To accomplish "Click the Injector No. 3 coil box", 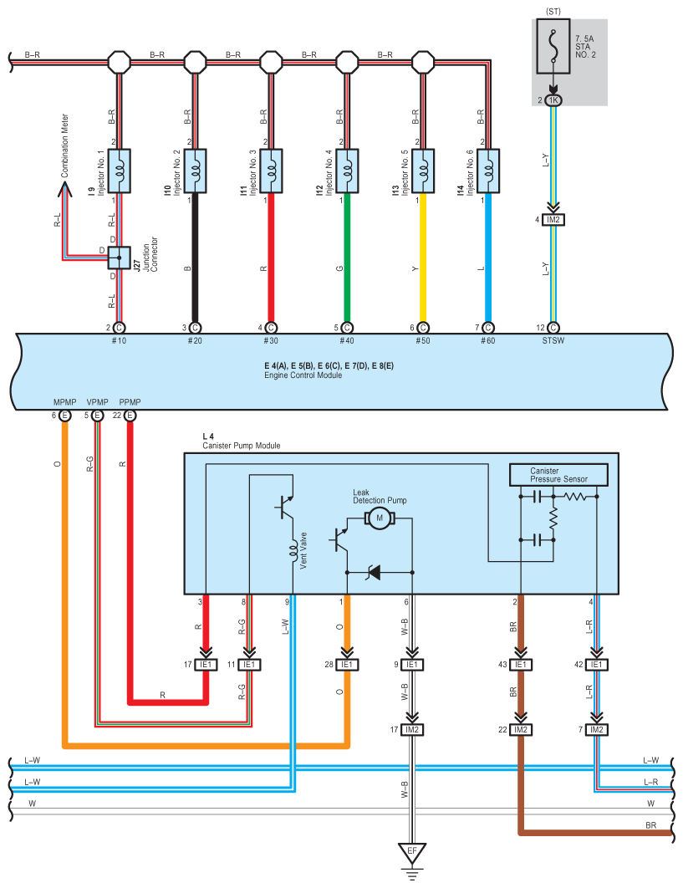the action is point(271,171).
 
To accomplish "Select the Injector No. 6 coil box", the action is point(488,171).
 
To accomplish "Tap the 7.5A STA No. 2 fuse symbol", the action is point(553,47).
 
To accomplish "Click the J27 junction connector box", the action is point(119,258).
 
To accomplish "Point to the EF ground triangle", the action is point(412,852).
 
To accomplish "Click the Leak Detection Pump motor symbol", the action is point(380,518).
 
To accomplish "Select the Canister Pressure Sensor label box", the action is point(558,475).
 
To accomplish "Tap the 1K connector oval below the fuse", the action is point(553,100).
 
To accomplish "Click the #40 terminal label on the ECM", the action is point(347,340).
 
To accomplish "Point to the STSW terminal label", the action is point(553,340).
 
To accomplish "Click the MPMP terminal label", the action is point(64,402).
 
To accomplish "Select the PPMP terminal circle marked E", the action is point(130,416).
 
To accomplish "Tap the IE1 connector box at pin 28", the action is point(347,664).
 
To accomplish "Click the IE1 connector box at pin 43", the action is point(521,664).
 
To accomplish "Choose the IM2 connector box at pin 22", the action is point(521,729).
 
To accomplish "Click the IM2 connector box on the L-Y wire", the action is point(553,220).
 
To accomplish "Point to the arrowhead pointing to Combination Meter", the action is point(64,189).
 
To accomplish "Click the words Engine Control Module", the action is point(303,375).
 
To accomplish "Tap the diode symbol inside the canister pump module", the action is point(374,573).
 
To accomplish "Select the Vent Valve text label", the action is point(303,550).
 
